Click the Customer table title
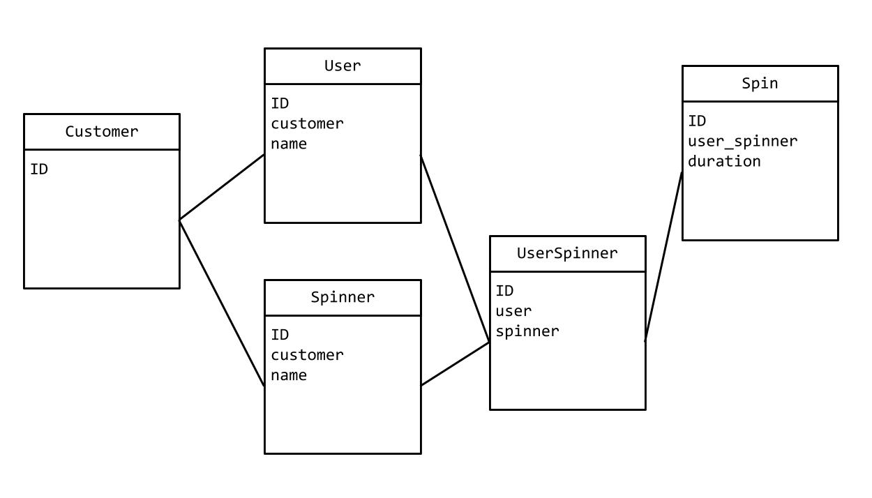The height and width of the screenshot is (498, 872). [x=102, y=132]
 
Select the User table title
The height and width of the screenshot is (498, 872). [x=343, y=66]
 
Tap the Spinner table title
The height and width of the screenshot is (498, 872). [x=343, y=298]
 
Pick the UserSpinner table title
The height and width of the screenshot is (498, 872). [x=567, y=254]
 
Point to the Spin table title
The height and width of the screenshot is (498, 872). [x=760, y=84]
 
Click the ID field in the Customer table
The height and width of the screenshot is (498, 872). [x=39, y=169]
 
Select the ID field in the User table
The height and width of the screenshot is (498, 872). [x=280, y=104]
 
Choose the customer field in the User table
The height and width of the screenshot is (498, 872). [x=307, y=124]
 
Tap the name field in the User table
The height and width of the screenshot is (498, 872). [x=289, y=144]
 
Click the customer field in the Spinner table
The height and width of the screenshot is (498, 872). [x=307, y=356]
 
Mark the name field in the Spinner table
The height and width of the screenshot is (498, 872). [x=289, y=376]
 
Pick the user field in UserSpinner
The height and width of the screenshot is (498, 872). [x=513, y=312]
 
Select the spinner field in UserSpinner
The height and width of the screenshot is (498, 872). [x=527, y=332]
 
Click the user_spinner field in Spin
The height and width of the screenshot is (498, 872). [x=742, y=142]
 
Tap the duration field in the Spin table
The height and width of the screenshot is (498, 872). [x=724, y=162]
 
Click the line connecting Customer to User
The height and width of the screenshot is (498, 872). [x=222, y=187]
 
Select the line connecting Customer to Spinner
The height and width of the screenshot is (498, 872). [x=222, y=303]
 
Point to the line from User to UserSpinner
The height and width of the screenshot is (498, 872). [x=455, y=248]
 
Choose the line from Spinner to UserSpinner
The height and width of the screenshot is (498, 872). [x=455, y=363]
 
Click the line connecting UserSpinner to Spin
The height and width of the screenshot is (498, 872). [x=663, y=256]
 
